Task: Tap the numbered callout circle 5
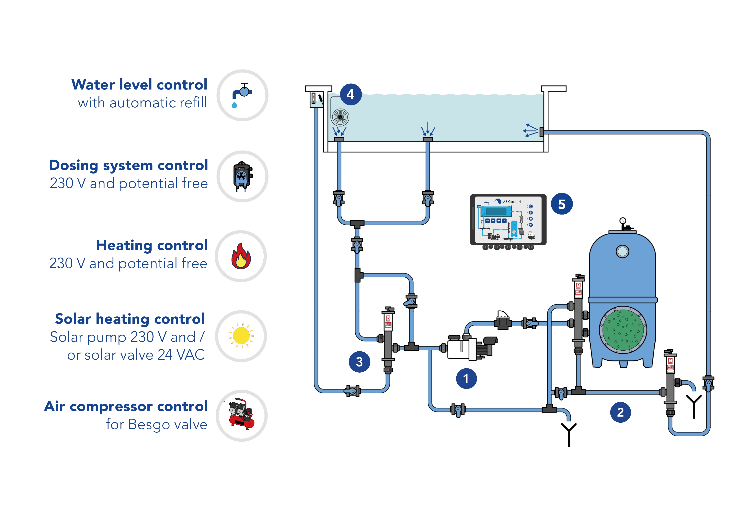coord(562,204)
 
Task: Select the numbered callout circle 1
coord(466,378)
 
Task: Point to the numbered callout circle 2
coord(621,412)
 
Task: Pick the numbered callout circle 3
coord(359,362)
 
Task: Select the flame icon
coord(241,256)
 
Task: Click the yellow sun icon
coord(241,336)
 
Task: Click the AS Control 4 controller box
coord(508,221)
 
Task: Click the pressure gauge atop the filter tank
coord(623,220)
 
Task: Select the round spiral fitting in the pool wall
coord(340,117)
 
